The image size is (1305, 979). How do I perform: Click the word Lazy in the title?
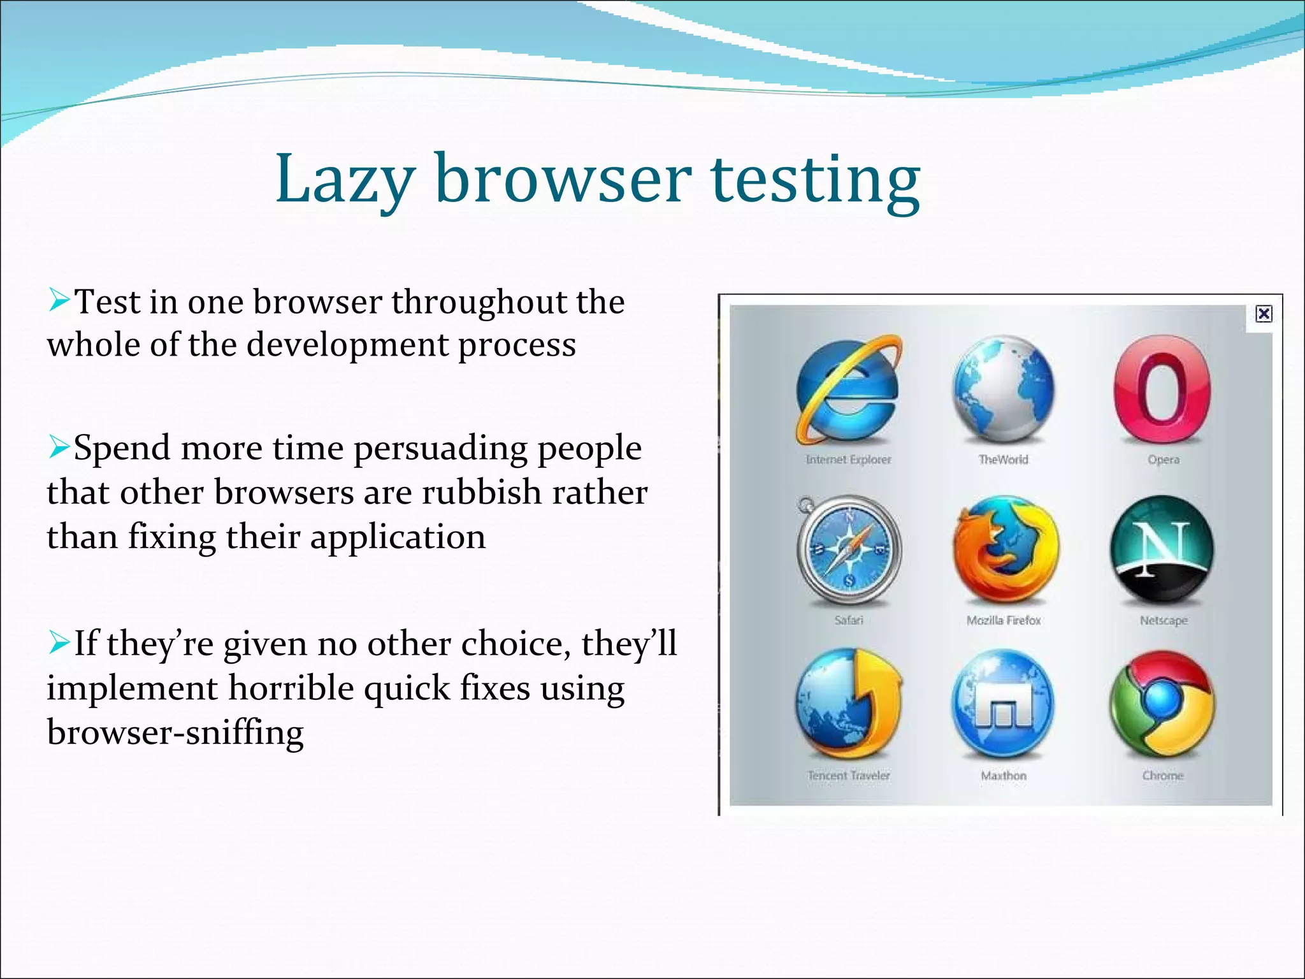tap(345, 180)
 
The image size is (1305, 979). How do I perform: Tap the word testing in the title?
tap(815, 180)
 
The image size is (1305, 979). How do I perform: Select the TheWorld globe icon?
tap(1004, 390)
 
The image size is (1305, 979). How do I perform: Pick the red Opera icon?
tap(1162, 390)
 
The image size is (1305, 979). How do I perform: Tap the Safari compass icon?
tap(849, 549)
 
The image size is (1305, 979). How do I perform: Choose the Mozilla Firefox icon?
tap(1005, 549)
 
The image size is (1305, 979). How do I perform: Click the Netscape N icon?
tap(1162, 549)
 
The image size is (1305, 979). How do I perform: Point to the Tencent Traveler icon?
tap(849, 704)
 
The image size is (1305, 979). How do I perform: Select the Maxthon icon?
tap(1002, 704)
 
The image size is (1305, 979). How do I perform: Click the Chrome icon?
tap(1162, 704)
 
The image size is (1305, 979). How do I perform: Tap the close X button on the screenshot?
tap(1264, 314)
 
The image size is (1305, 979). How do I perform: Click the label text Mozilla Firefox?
tap(1004, 620)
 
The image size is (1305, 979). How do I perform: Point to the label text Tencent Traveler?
tap(849, 776)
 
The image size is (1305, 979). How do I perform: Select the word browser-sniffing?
tap(175, 732)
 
